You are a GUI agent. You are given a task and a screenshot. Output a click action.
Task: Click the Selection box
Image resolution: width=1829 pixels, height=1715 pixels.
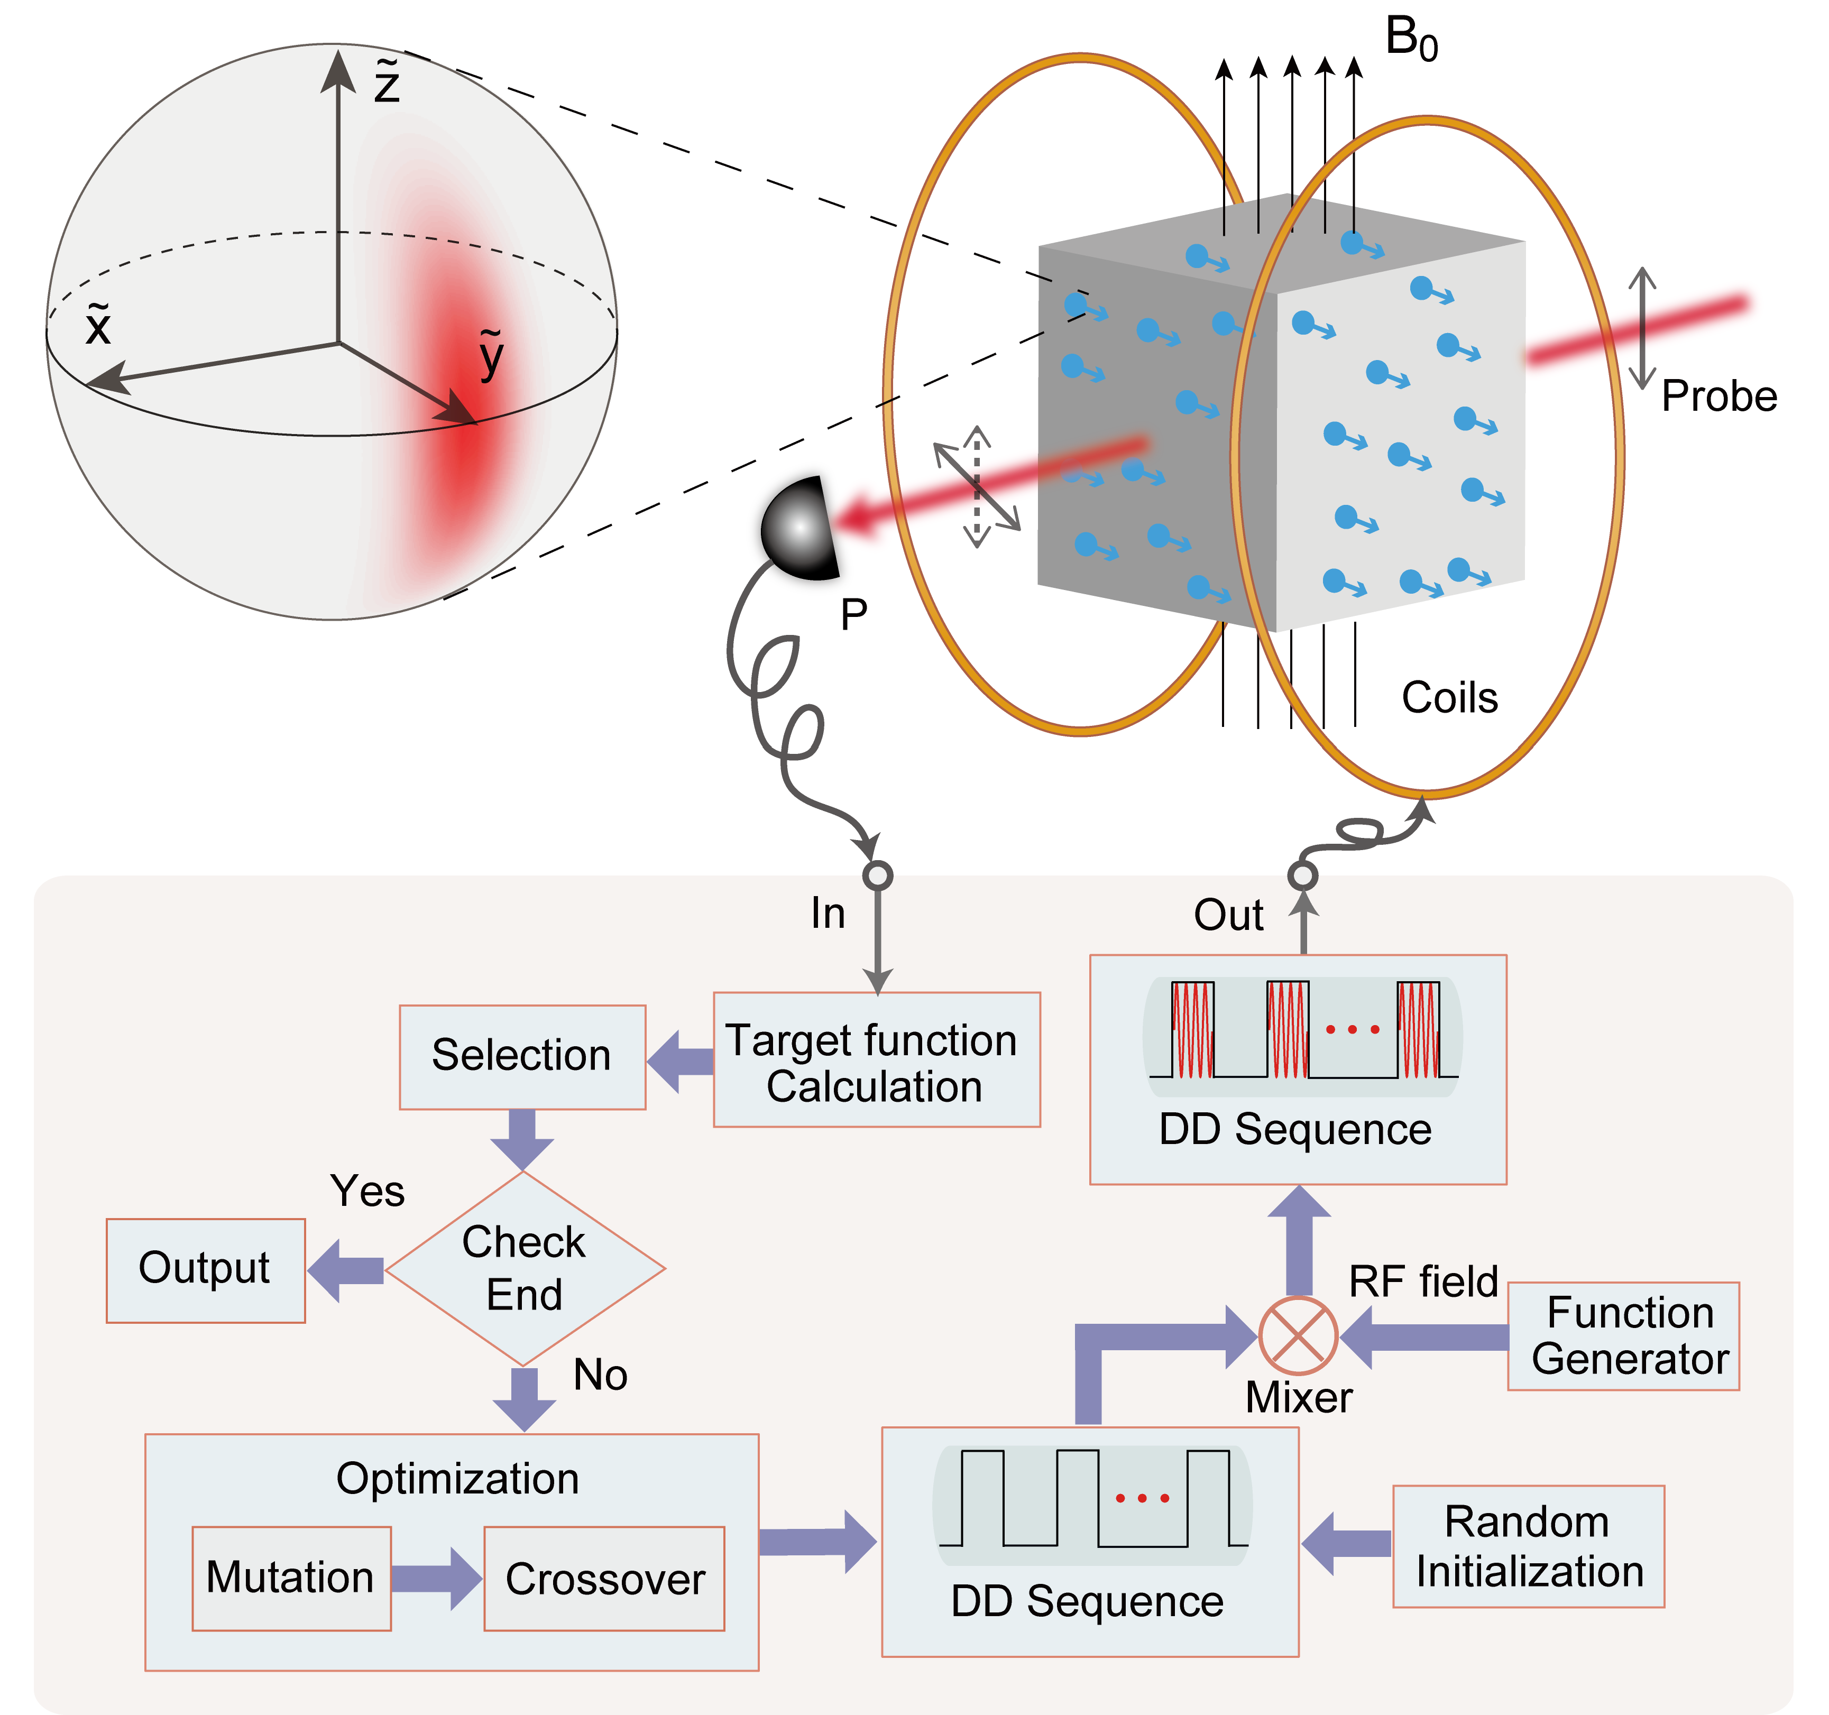coord(522,1056)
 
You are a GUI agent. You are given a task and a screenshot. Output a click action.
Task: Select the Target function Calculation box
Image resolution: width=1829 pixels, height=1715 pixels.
coord(876,1060)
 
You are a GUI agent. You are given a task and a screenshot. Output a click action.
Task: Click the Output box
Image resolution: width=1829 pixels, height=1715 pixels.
coord(205,1270)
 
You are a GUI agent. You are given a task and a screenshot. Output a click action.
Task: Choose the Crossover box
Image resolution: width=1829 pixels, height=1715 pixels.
coord(604,1579)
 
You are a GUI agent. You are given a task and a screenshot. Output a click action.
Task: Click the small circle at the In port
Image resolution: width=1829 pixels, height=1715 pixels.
coord(878,875)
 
